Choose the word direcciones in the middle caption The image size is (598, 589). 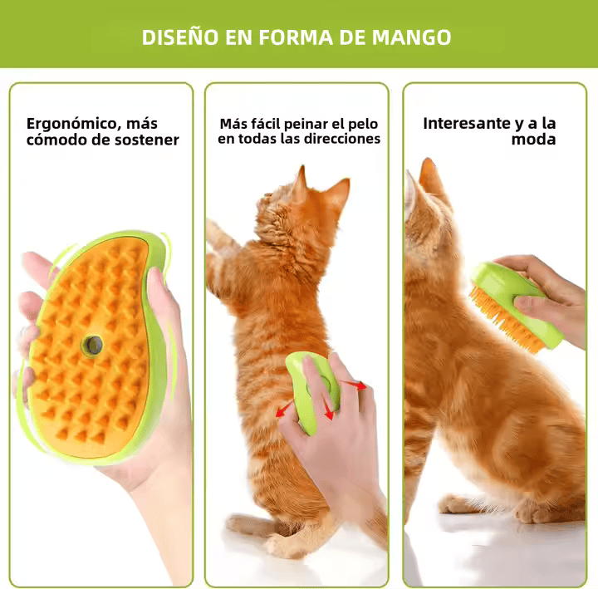340,139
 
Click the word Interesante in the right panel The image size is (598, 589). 467,123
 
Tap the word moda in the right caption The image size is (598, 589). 533,140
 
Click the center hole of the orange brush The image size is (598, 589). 91,343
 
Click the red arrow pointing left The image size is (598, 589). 285,406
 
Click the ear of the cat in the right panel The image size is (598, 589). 431,178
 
